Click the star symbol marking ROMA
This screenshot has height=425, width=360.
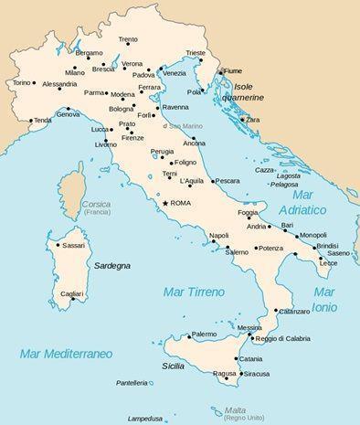tap(165, 203)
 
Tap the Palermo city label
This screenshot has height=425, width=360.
tap(204, 335)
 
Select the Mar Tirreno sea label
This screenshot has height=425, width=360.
tap(187, 292)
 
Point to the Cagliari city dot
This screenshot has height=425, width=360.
tap(73, 299)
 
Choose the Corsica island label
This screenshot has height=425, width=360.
tap(95, 204)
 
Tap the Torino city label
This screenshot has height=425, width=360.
tap(21, 82)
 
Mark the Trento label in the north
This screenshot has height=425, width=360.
tap(128, 39)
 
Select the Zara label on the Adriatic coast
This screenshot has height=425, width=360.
tap(253, 120)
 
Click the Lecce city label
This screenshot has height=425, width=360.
tap(327, 263)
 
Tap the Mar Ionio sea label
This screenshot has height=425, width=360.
tap(324, 299)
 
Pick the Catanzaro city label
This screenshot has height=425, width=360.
tap(294, 312)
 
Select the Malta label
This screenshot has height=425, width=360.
tap(236, 409)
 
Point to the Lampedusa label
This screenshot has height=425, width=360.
tap(144, 419)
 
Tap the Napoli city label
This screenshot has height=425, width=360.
tap(218, 236)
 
